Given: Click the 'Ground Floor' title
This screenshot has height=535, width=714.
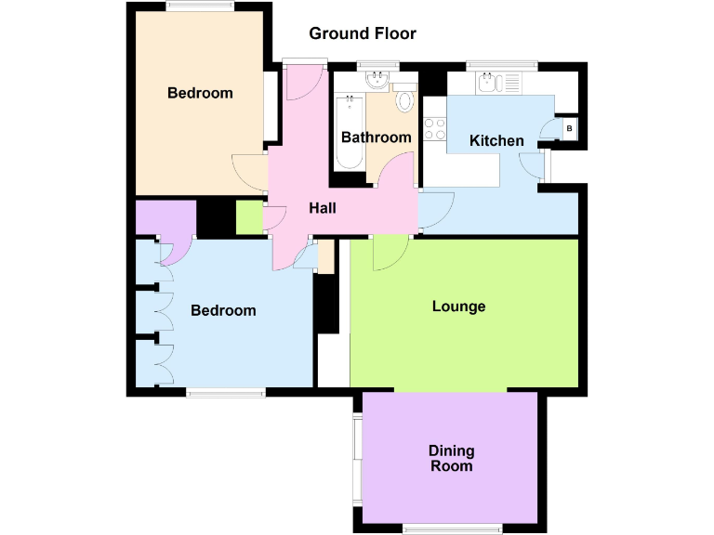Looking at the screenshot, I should click(363, 34).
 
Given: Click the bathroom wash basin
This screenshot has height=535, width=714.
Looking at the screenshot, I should click(377, 81).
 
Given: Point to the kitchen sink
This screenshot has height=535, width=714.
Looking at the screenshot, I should click(491, 84).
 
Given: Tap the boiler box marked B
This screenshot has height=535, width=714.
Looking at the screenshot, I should click(569, 128).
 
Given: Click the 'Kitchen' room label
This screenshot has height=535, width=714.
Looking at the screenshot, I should click(496, 141).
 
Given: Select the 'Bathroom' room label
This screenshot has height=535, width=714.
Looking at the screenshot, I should click(376, 137).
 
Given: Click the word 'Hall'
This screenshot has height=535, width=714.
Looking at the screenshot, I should click(322, 208).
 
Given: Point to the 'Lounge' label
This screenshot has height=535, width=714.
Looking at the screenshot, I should click(459, 306).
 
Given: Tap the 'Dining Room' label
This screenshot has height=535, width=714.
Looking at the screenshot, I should click(452, 458).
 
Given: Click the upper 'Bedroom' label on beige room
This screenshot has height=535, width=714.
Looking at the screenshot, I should click(200, 93).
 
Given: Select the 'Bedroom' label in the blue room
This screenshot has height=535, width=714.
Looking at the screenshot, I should click(223, 310).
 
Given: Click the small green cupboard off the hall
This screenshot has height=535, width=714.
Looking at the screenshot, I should click(249, 216).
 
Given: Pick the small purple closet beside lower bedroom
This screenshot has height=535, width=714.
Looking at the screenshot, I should click(164, 218).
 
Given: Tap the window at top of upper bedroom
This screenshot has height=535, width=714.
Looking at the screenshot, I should click(200, 7).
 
